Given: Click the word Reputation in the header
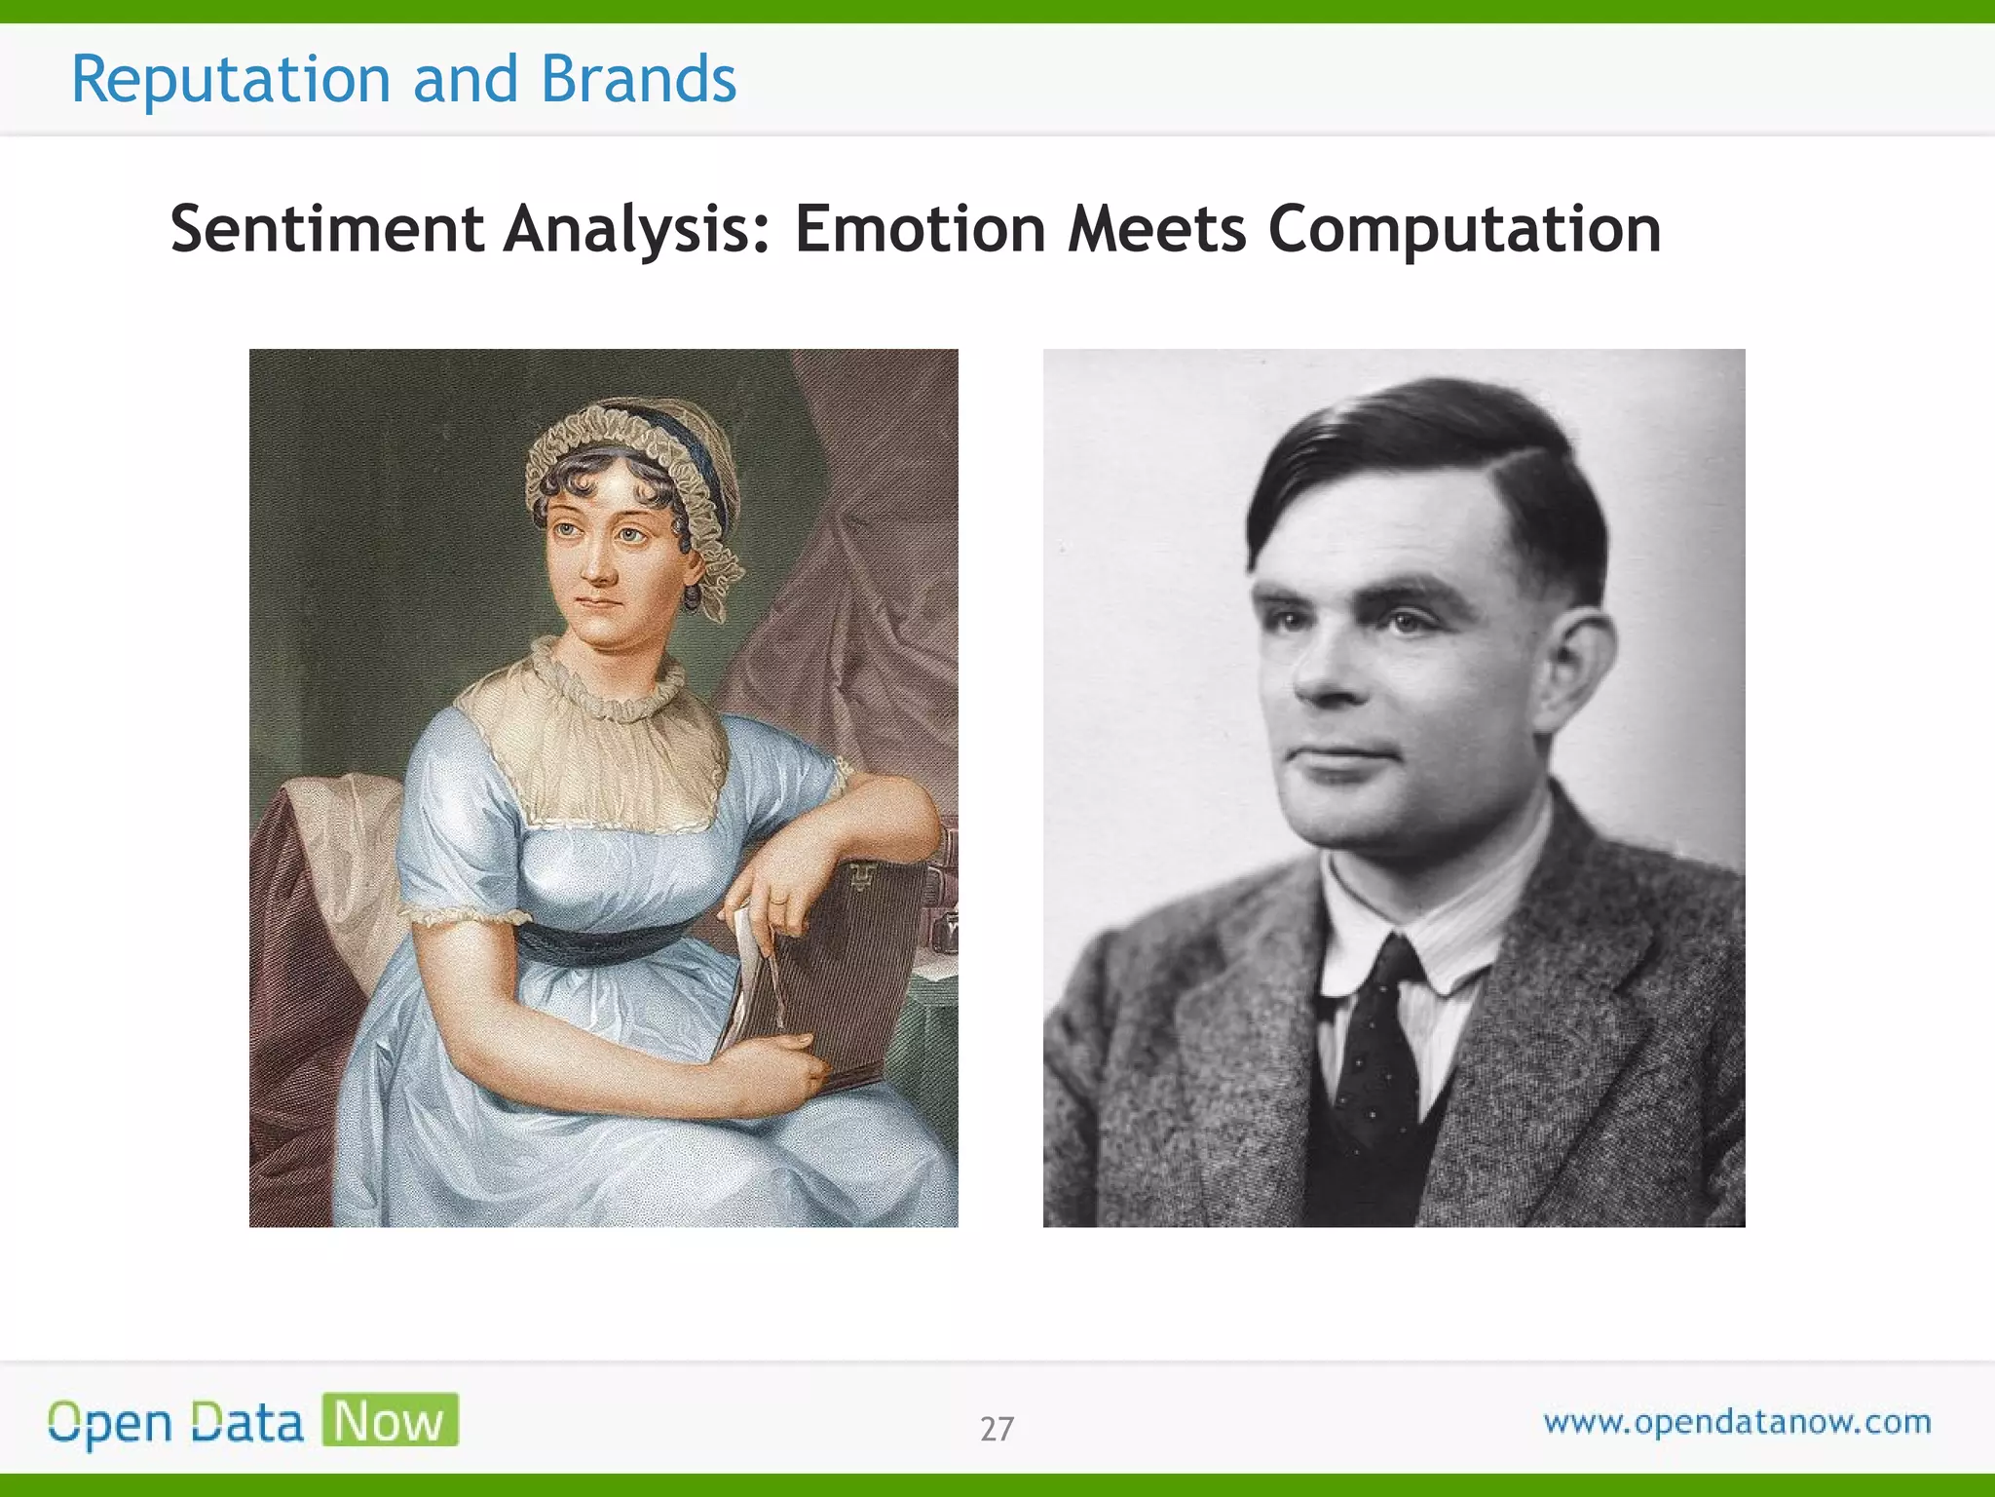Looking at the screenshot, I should (x=231, y=80).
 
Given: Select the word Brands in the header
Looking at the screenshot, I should (x=638, y=80).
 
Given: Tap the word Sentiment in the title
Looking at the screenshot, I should (x=327, y=230).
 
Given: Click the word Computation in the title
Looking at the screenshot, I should (x=1464, y=230).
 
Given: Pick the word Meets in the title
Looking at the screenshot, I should (x=1156, y=230).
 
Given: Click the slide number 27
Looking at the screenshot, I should (x=997, y=1429).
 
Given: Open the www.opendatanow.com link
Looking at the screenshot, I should (x=1737, y=1422).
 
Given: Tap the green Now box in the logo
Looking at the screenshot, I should (x=390, y=1420).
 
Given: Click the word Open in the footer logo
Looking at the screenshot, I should (x=110, y=1424).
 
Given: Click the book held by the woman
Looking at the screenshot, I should (x=838, y=975).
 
